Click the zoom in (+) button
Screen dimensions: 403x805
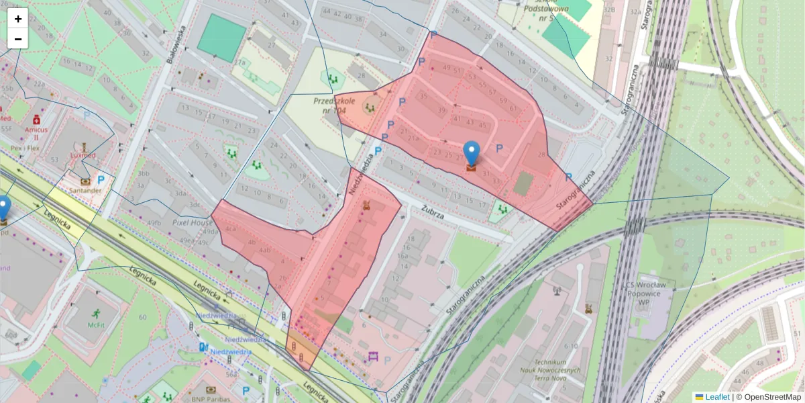(x=18, y=19)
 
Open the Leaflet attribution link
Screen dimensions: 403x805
(x=716, y=397)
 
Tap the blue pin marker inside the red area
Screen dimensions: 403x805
(x=472, y=154)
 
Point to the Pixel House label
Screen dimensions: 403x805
(x=191, y=222)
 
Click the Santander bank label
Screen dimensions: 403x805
(x=84, y=190)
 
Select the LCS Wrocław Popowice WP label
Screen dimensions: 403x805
(x=648, y=294)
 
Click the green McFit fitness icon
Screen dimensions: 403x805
(x=97, y=313)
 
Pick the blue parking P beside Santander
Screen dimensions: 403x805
(x=101, y=179)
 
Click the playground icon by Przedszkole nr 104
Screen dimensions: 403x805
(x=370, y=105)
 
